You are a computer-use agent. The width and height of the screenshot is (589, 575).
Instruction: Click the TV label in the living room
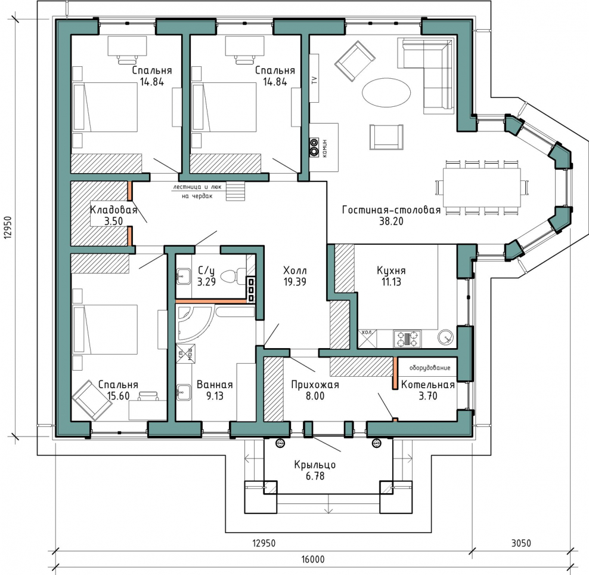pos(314,80)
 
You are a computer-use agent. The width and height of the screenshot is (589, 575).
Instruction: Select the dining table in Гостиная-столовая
pos(482,187)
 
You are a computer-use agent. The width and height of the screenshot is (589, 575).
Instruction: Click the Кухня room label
pos(391,270)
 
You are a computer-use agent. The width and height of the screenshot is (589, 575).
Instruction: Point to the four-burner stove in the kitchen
pos(407,339)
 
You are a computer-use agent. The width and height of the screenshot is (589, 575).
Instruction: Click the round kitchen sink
pos(446,337)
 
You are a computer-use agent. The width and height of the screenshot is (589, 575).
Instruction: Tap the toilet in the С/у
pos(232,276)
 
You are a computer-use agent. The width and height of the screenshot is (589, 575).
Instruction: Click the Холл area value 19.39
pos(295,281)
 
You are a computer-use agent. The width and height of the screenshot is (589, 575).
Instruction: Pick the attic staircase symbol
pos(235,191)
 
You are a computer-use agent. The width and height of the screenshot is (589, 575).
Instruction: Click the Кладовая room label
pos(113,210)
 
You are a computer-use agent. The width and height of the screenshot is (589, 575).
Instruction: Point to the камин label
pos(324,148)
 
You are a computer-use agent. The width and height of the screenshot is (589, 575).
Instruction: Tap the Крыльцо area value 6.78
pos(315,476)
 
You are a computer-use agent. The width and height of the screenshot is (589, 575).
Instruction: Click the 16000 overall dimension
pos(312,559)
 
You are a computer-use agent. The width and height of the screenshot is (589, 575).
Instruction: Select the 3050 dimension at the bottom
pos(521,543)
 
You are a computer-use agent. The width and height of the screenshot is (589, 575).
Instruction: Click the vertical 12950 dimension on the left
pos(8,227)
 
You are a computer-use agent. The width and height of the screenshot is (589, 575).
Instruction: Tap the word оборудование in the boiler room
pos(430,368)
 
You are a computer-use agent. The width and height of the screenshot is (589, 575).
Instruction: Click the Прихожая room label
pos(315,385)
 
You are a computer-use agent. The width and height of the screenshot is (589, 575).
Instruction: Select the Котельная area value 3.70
pos(428,395)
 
